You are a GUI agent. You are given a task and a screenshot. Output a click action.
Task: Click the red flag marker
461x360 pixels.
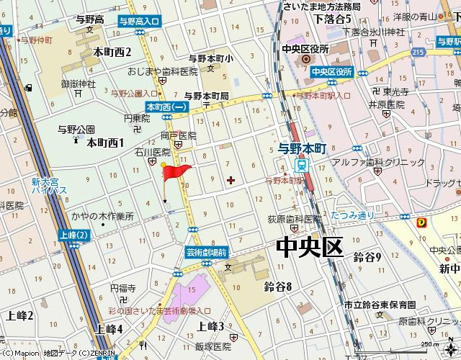pos(176,171)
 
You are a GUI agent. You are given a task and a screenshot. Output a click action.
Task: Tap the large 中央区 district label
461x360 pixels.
pos(308,248)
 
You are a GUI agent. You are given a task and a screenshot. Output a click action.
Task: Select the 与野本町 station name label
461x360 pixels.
pos(303,147)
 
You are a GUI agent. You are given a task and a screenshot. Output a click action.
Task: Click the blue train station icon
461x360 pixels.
pos(303,163)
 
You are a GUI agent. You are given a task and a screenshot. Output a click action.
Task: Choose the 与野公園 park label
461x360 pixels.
pos(76,130)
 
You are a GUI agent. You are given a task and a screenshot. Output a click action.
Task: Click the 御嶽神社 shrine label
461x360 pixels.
pos(79,84)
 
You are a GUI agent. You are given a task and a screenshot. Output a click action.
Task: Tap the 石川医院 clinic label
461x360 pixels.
pos(153,153)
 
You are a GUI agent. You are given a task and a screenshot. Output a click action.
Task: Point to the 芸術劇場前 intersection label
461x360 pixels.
pos(207,251)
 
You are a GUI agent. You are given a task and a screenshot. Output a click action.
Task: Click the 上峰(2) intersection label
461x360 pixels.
pos(74,235)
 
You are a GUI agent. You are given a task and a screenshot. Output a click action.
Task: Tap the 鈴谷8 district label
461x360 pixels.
pos(277,287)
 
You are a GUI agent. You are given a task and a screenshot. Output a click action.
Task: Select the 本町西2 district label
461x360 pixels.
pos(112,52)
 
